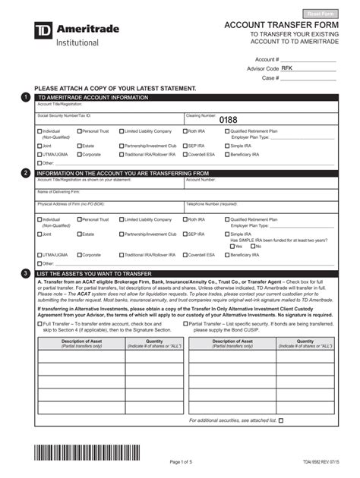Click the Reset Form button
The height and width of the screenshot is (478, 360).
pos(321,14)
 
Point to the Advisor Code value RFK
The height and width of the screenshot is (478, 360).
pos(287,68)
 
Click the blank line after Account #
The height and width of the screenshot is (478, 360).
pos(308,59)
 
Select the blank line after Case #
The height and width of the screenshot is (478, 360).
pos(308,78)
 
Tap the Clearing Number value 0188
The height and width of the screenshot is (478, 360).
pos(228,120)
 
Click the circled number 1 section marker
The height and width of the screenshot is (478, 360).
pos(27,97)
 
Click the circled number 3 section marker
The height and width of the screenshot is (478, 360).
pos(27,273)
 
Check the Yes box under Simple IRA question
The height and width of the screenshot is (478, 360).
pos(232,247)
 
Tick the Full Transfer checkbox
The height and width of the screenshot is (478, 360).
pos(40,323)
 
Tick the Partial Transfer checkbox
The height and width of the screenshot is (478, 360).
pos(187,323)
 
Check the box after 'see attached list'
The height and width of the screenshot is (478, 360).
pos(281,420)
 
